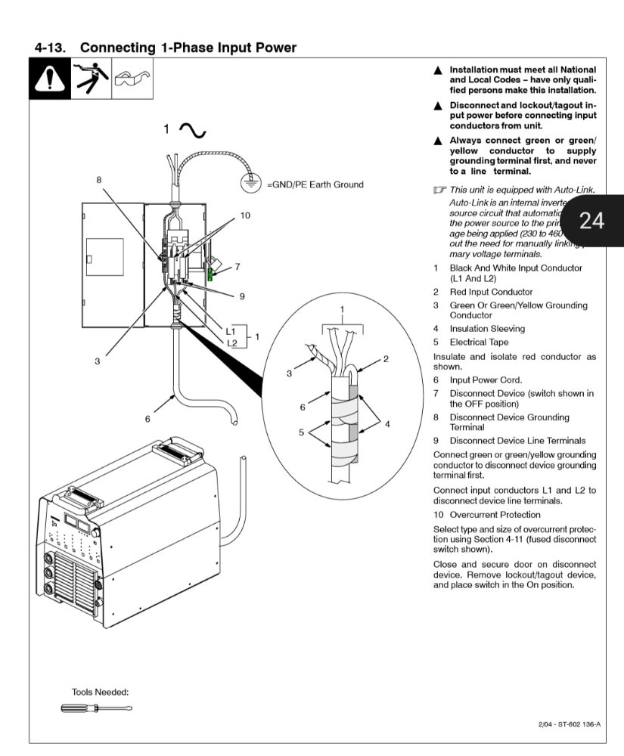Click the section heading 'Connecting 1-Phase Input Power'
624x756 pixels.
click(188, 48)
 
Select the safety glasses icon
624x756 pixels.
click(132, 78)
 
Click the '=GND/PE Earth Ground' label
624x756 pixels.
click(315, 184)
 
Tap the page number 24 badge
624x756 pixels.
click(591, 220)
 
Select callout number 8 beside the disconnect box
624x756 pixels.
click(98, 179)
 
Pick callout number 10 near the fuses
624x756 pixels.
click(244, 215)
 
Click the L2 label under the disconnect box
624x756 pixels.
click(231, 342)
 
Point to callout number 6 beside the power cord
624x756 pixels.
click(147, 417)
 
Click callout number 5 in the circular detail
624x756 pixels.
click(300, 432)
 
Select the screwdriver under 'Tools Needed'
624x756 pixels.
click(96, 708)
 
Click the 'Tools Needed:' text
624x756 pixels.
click(100, 692)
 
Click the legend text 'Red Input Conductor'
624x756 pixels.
click(491, 292)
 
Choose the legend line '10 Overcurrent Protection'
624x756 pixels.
click(487, 515)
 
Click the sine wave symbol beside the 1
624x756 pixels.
click(192, 131)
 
